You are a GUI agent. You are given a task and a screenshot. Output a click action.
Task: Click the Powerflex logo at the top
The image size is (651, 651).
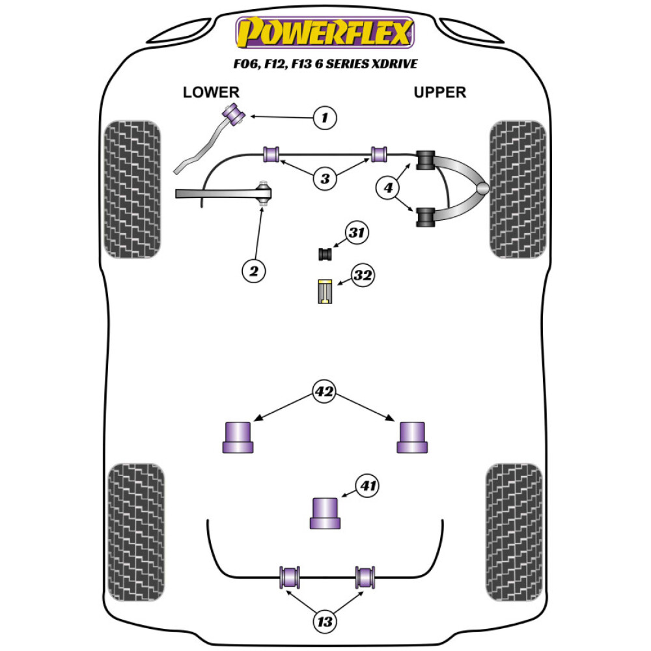[325, 33]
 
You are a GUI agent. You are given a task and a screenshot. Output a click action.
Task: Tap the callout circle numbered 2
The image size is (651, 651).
[254, 270]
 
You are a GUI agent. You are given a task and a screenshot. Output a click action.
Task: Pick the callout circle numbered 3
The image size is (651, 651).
[324, 178]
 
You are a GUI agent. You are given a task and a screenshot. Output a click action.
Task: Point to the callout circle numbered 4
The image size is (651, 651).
[388, 189]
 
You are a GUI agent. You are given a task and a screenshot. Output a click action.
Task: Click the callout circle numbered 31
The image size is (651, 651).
[356, 232]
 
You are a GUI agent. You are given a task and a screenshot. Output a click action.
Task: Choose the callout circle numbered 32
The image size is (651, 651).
[362, 275]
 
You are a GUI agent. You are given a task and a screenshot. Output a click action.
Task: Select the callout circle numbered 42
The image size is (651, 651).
[324, 392]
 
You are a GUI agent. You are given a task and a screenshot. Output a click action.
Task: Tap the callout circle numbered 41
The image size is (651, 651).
[368, 486]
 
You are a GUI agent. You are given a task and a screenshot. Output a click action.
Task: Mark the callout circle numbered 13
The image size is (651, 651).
[324, 622]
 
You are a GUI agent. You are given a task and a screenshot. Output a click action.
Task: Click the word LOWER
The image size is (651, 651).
[211, 92]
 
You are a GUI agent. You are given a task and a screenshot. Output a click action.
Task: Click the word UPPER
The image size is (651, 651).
[440, 92]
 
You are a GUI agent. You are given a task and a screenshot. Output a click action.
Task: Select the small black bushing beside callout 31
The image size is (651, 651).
[325, 253]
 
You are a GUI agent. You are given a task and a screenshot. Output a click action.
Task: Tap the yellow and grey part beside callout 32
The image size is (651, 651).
[324, 291]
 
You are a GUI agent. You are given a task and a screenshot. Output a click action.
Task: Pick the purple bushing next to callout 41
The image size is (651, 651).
[324, 513]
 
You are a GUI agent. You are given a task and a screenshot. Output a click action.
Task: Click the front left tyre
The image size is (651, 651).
[132, 189]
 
